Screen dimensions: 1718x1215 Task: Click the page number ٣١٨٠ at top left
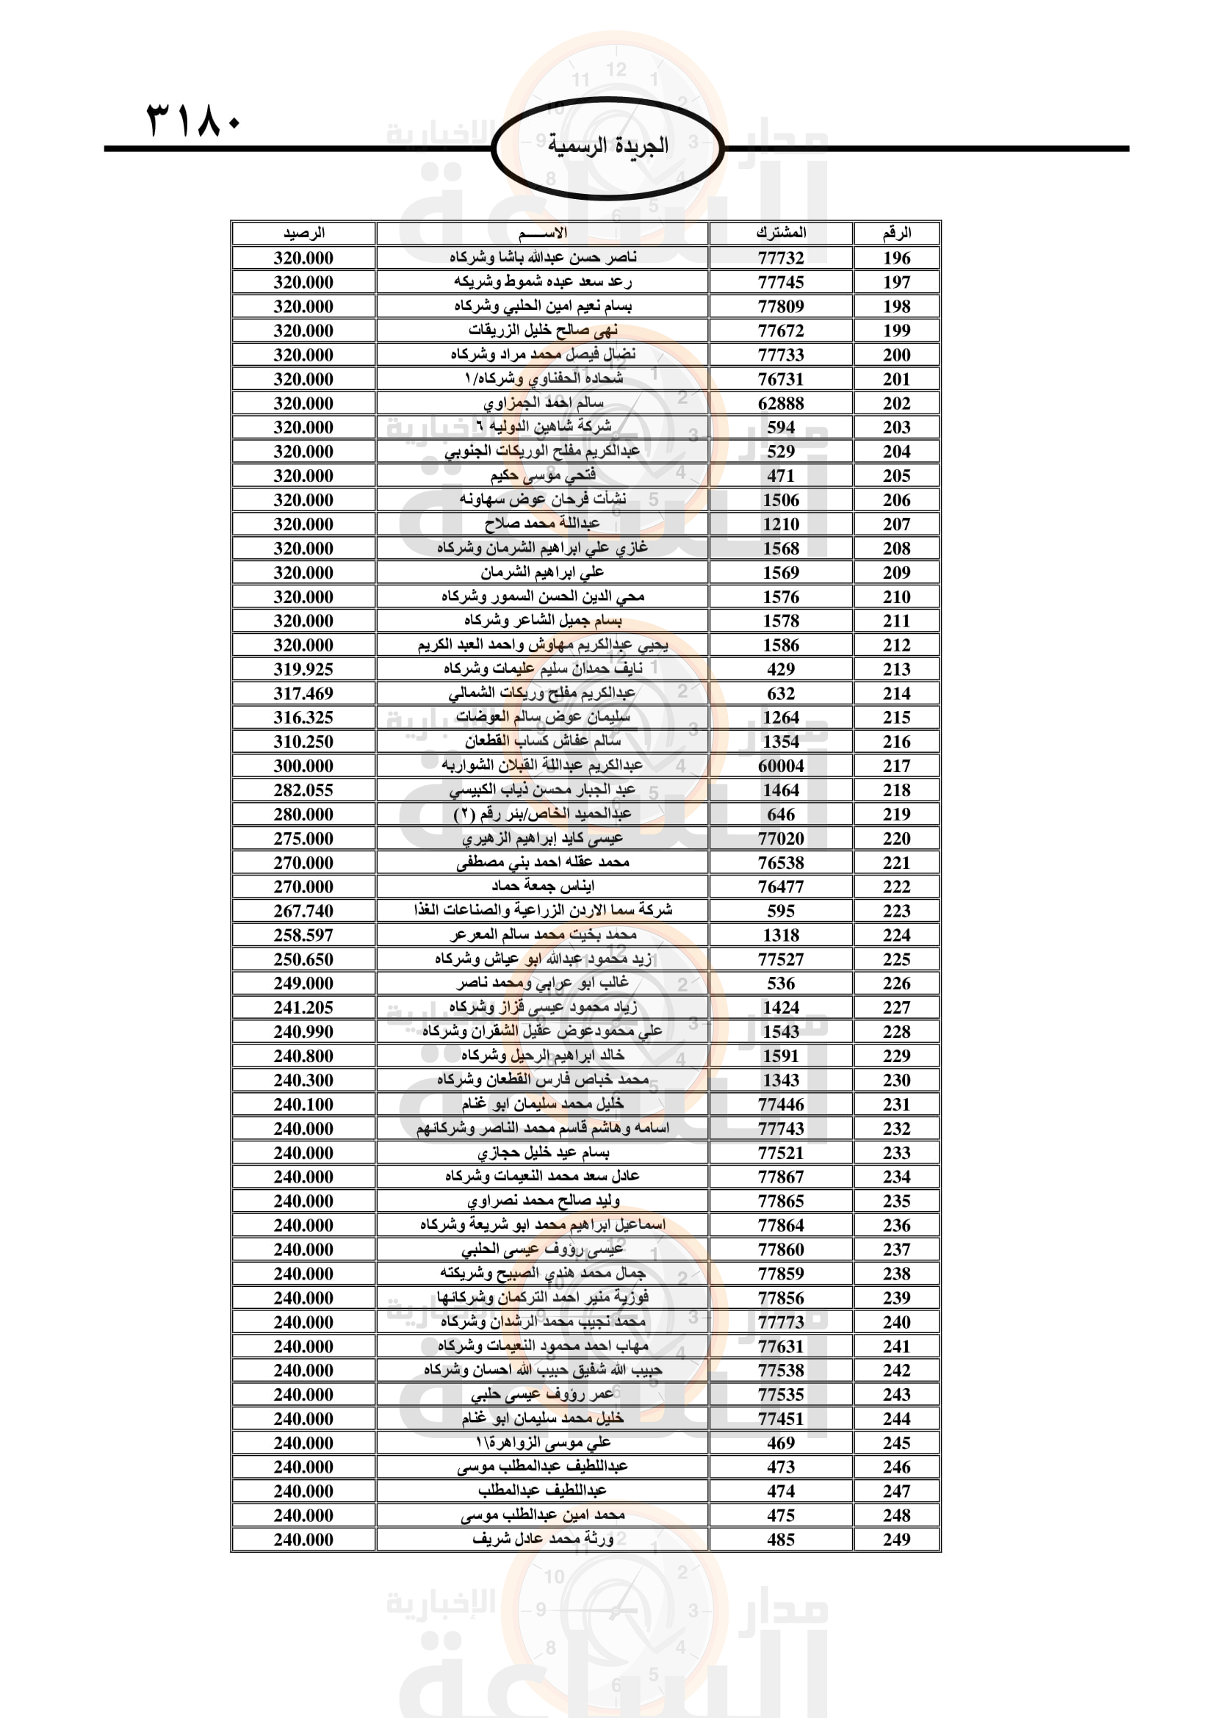[194, 120]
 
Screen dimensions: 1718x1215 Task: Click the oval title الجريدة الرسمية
[607, 146]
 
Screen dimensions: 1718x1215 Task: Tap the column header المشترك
[780, 234]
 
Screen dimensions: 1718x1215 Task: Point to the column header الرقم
[896, 234]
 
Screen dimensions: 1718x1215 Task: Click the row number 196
[896, 258]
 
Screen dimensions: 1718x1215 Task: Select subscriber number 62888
[780, 403]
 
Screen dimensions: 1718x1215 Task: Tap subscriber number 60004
[780, 766]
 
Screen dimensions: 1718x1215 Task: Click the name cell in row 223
[542, 911]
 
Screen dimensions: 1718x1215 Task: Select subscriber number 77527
[780, 959]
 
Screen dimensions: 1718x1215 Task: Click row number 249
[896, 1540]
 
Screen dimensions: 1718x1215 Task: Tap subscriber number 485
[780, 1540]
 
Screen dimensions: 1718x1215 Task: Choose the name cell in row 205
[542, 476]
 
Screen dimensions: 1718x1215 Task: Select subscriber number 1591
[780, 1055]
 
